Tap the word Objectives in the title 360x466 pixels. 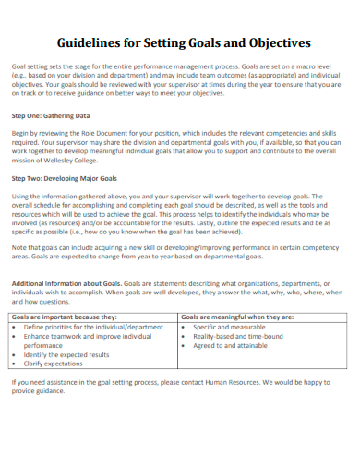click(x=275, y=42)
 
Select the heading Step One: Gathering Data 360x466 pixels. click(x=51, y=116)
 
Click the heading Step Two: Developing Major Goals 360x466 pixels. click(x=64, y=177)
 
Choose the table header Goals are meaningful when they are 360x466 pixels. click(x=237, y=317)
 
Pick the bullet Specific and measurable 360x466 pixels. click(x=229, y=327)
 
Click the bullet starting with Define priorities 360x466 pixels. click(x=92, y=327)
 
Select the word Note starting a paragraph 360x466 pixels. click(x=19, y=248)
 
